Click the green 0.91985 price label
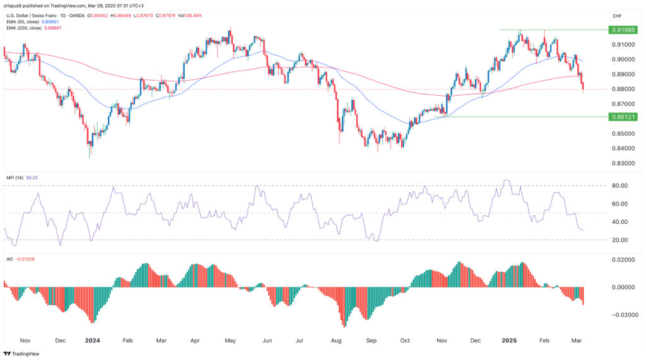click(623, 30)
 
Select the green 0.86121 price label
click(623, 117)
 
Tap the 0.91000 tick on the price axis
click(622, 45)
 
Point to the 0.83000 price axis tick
click(622, 163)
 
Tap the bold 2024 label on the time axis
click(93, 340)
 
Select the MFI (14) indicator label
click(19, 178)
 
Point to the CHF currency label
click(618, 16)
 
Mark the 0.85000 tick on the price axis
click(622, 134)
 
